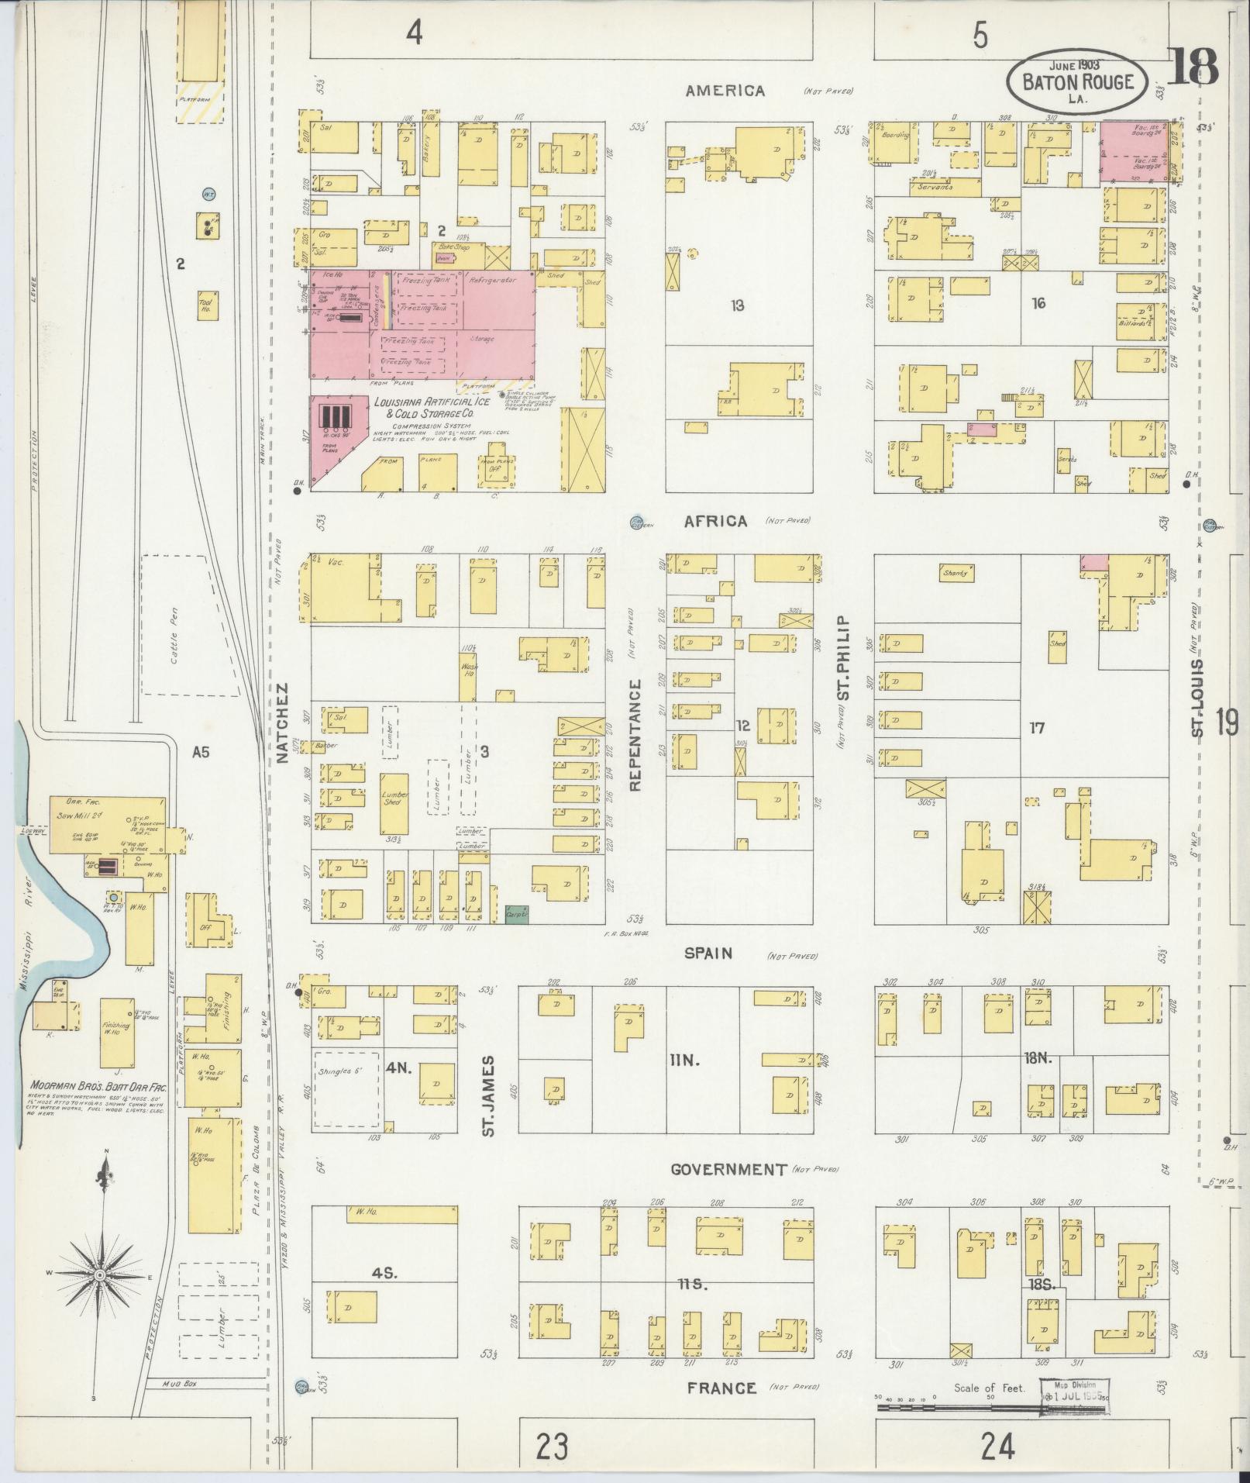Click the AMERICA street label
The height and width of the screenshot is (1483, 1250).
click(x=725, y=91)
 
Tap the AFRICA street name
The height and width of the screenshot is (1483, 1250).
click(x=715, y=522)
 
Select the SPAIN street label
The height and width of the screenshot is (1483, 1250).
click(x=708, y=954)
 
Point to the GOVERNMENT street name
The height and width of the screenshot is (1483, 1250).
click(x=728, y=1169)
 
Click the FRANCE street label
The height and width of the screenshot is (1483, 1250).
click(x=721, y=1388)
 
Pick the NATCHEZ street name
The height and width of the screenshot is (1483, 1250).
click(x=282, y=723)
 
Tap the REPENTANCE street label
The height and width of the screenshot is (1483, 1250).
click(x=635, y=734)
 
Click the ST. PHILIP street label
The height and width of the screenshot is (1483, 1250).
click(x=844, y=658)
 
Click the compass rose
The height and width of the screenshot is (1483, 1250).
click(x=100, y=1275)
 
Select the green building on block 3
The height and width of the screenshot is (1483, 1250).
click(x=515, y=915)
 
